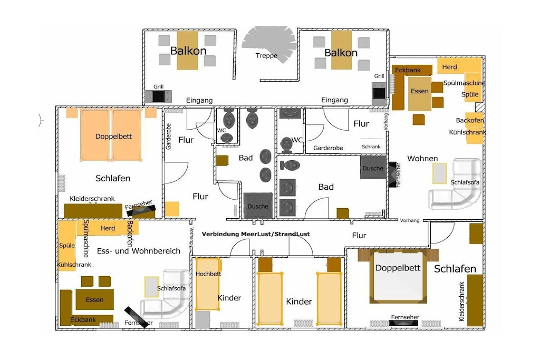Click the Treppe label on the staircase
pos(266,55)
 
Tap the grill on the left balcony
pos(158,96)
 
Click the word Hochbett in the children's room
pos(208,274)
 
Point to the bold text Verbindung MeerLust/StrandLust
pos(256,234)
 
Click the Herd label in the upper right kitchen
pos(449,67)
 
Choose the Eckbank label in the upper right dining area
pos(408,70)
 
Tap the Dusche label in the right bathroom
pos(373,168)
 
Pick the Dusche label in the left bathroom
pos(257,207)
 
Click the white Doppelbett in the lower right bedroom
pos(398,277)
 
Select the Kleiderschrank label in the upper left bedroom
pos(92,199)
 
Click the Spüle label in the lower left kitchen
pos(67,246)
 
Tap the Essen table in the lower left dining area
pos(94,299)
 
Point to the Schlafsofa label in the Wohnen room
pos(465,182)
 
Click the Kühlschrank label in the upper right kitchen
pos(467,132)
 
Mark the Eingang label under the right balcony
pos(334,100)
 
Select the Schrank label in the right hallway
pos(371,147)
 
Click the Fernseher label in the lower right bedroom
pos(405,317)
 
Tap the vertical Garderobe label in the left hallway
pos(168,137)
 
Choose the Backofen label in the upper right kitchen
pos(470,121)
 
